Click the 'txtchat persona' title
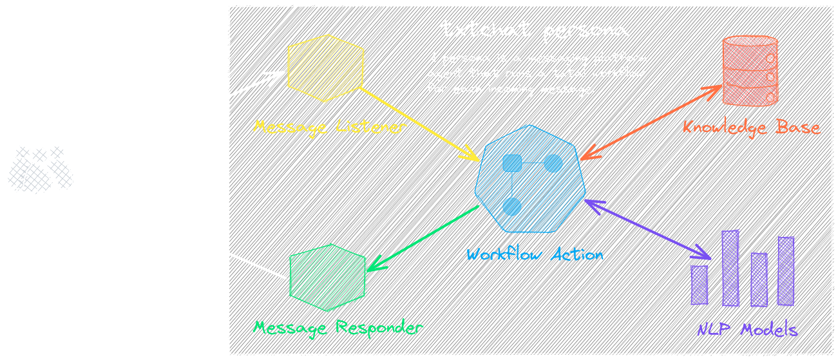[534, 29]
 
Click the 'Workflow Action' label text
[535, 254]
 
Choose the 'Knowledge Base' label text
[752, 127]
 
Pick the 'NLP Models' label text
[748, 330]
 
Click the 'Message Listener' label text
[330, 127]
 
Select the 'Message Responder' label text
[338, 327]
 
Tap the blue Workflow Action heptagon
[529, 179]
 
